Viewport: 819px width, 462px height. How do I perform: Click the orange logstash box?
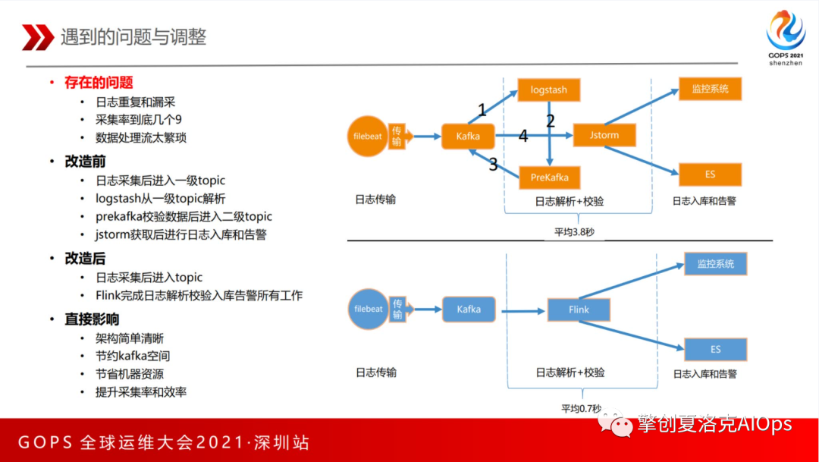click(x=549, y=90)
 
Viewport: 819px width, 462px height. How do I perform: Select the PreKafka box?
click(x=549, y=178)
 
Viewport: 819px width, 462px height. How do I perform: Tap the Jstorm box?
click(x=604, y=135)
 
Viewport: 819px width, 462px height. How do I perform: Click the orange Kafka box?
click(x=468, y=137)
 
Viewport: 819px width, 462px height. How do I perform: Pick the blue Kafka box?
click(x=468, y=310)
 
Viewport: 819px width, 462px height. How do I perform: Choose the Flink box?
click(x=579, y=310)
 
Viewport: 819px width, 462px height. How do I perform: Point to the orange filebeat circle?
click(x=368, y=137)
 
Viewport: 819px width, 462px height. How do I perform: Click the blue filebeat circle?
click(x=368, y=310)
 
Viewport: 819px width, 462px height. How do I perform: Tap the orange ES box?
click(x=710, y=174)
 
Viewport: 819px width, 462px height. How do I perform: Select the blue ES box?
click(x=715, y=350)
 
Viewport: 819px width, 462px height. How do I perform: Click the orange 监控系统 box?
click(x=710, y=89)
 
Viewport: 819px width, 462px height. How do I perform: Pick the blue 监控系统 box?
click(x=715, y=264)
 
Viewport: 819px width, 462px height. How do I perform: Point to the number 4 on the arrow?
click(x=522, y=137)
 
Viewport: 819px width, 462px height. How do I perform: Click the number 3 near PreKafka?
click(x=493, y=164)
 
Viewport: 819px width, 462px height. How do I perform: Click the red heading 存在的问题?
click(x=99, y=82)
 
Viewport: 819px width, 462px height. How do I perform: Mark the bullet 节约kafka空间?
click(x=133, y=356)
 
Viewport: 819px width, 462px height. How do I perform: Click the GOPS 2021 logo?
click(x=785, y=38)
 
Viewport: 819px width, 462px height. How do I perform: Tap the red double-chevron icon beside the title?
click(x=37, y=36)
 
